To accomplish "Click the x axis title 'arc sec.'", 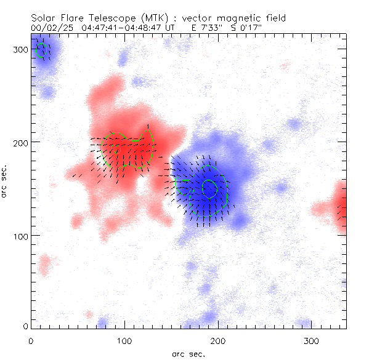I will click(x=188, y=354).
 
